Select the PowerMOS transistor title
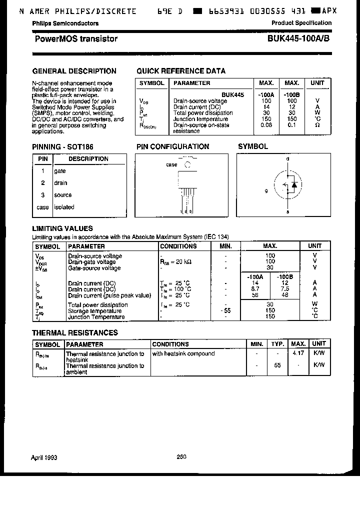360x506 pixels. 76,39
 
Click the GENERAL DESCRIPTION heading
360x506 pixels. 74,71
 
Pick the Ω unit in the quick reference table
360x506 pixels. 317,125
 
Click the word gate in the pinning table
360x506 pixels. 60,171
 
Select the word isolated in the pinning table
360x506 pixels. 64,207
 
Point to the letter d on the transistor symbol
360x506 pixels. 287,159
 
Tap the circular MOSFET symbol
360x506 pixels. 288,185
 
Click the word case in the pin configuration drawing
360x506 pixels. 171,164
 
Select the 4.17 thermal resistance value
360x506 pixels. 298,353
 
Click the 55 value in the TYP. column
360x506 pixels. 277,365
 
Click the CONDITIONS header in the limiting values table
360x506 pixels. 178,246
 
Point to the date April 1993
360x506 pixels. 45,457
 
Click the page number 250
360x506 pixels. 181,456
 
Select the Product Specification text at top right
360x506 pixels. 301,23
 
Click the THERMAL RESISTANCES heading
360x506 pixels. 75,332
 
